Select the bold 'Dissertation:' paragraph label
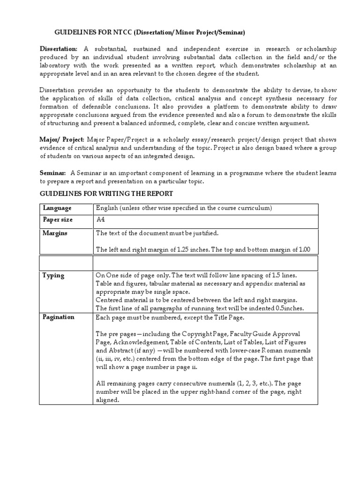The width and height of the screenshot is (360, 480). [59, 49]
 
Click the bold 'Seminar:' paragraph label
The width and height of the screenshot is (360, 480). [52, 173]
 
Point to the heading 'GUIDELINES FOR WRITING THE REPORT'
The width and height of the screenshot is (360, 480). [106, 194]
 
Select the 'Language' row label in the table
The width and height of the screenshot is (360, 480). [57, 208]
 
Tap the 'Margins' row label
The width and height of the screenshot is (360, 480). [55, 233]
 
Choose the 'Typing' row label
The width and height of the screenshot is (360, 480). [53, 275]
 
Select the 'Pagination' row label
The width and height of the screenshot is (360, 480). [59, 317]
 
